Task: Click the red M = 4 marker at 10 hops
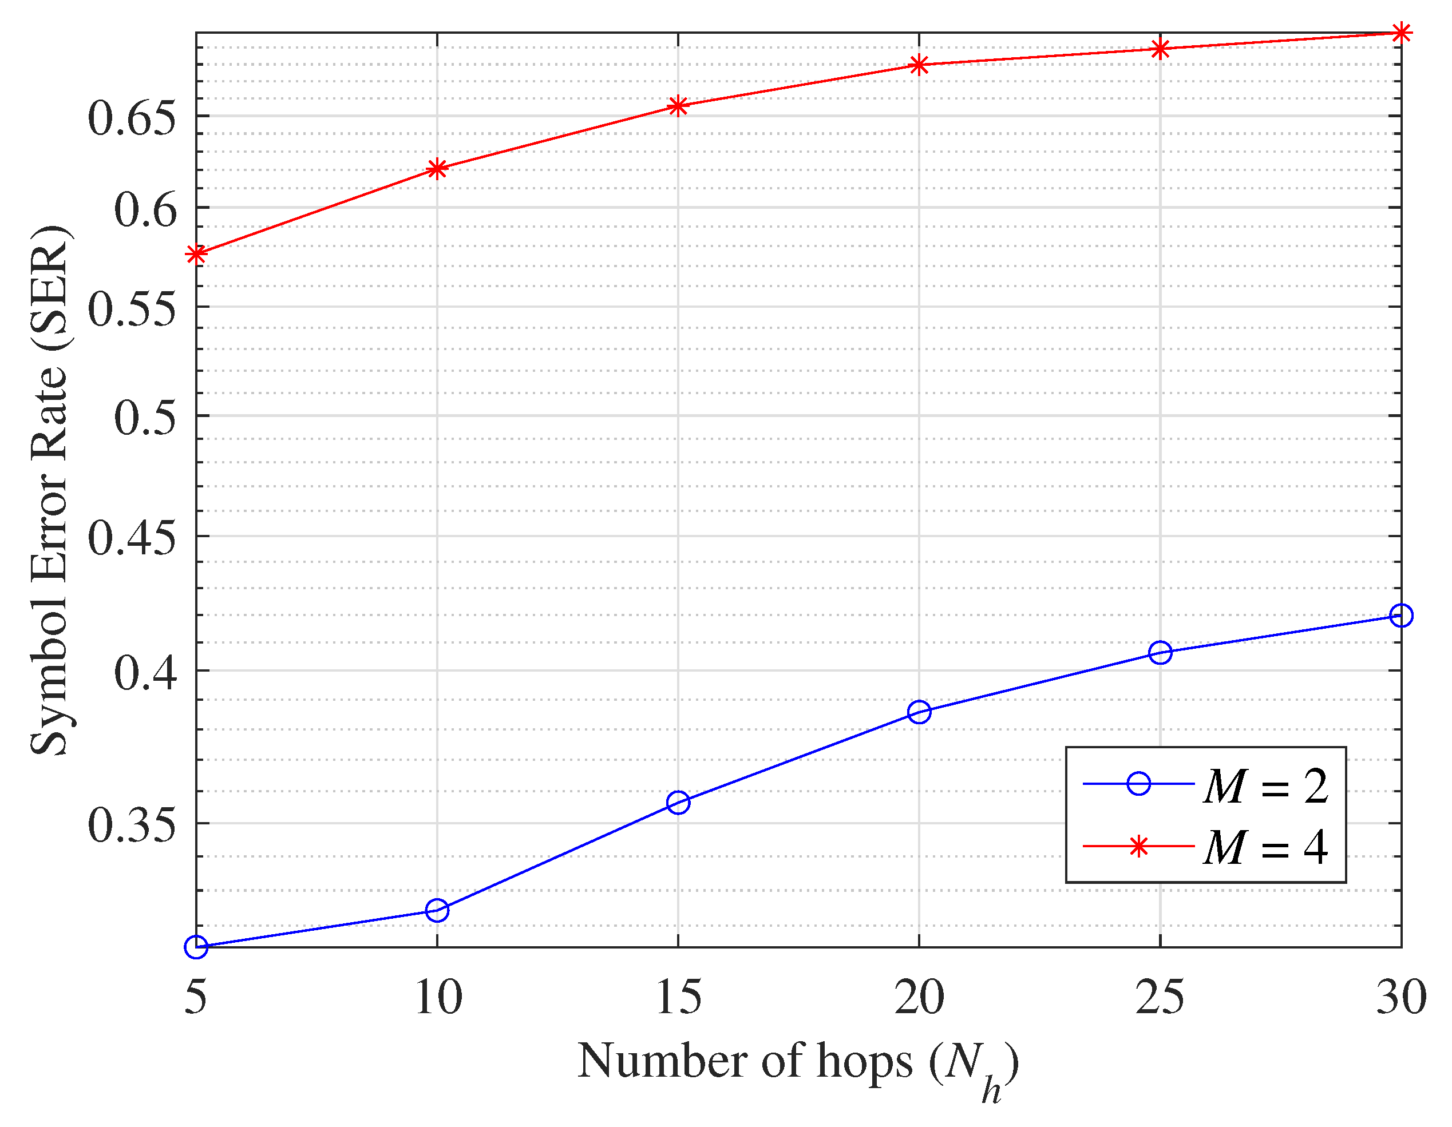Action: (437, 168)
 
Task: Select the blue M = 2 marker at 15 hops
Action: (678, 803)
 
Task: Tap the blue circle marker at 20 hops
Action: (919, 712)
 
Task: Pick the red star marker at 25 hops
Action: (1160, 49)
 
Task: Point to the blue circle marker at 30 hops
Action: (1401, 616)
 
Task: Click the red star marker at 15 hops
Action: (678, 106)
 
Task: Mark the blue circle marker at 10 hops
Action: (437, 910)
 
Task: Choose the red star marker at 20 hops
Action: (919, 65)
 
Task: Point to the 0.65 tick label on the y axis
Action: (132, 118)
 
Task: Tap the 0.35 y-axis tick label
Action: (132, 826)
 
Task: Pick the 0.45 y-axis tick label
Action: (132, 538)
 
